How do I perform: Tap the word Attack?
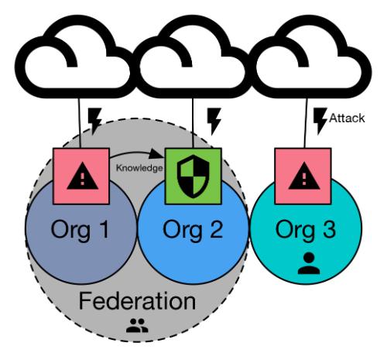coord(347,118)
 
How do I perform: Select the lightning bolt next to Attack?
coord(320,121)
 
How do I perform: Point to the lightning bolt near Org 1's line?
coord(94,121)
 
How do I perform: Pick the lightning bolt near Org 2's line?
coord(214,121)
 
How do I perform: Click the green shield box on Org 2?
coord(193,177)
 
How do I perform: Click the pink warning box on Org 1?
coord(81,177)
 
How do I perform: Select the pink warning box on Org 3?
coord(303,177)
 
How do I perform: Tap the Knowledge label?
coord(139,168)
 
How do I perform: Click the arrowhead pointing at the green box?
coord(156,154)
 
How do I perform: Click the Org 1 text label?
coord(80,230)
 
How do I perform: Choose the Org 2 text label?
coord(193,230)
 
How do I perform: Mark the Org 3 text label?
coord(306,230)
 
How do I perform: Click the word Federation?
coord(137,301)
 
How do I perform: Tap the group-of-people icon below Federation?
coord(137,325)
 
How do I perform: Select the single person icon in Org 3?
coord(309,263)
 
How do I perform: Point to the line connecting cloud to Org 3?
coord(306,123)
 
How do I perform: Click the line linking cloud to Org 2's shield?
coord(193,123)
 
